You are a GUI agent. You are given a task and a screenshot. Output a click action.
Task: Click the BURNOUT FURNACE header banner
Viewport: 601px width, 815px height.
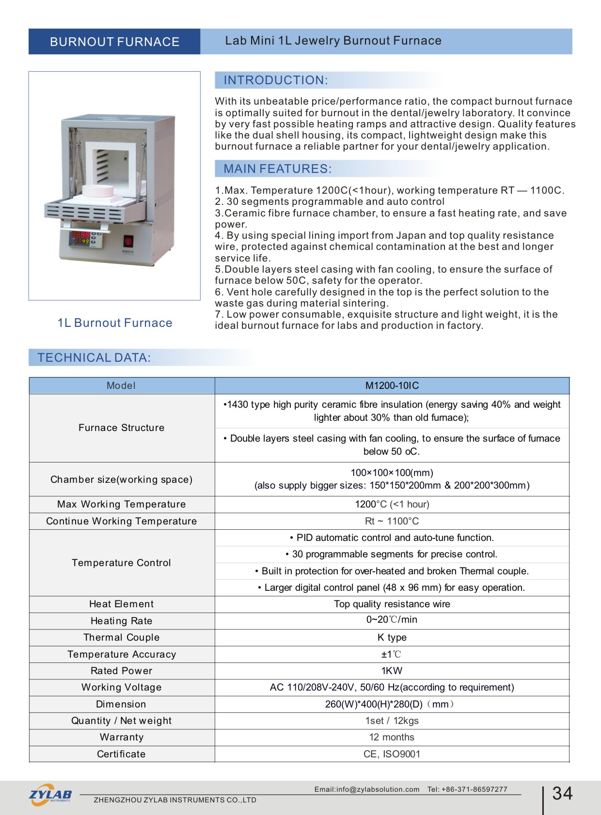(x=114, y=42)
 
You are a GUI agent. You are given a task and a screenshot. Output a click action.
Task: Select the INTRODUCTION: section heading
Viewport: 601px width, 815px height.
(x=275, y=80)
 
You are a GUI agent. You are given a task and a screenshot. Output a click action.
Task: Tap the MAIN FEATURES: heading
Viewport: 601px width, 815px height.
(x=277, y=169)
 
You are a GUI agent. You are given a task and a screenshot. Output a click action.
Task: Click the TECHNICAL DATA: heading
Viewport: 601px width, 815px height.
(x=94, y=358)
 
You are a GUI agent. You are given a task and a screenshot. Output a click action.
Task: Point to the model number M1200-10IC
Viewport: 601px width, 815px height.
(x=392, y=386)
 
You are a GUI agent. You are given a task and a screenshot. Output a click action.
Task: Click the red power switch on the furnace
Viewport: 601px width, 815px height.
(x=128, y=241)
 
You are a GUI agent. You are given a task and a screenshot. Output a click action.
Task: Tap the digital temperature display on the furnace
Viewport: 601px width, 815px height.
(x=80, y=237)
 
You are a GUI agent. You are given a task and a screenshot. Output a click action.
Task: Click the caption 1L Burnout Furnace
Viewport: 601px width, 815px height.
(x=115, y=323)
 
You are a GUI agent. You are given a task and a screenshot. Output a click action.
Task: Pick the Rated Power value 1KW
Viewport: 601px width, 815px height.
(x=392, y=671)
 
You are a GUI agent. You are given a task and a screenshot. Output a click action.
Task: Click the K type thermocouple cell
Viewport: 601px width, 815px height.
(x=392, y=637)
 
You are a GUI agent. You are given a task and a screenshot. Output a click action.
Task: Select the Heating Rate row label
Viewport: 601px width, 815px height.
(x=121, y=621)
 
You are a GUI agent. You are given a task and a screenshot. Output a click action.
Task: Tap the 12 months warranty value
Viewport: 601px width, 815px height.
(x=392, y=737)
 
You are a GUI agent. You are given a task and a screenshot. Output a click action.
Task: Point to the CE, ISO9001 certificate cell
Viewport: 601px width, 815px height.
(x=392, y=754)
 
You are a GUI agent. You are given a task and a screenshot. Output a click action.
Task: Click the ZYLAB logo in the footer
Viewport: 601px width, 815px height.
(x=50, y=795)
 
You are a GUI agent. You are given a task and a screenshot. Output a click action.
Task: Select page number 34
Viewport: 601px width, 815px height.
(x=562, y=793)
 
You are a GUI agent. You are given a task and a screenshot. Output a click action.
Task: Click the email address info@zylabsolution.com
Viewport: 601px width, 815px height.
(x=367, y=789)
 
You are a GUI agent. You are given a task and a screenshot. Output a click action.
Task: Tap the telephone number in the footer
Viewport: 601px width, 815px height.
(x=467, y=789)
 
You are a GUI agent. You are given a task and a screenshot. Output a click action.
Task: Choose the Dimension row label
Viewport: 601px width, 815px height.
(x=121, y=704)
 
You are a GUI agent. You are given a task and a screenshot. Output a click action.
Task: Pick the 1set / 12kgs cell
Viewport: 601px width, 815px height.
(x=392, y=721)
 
